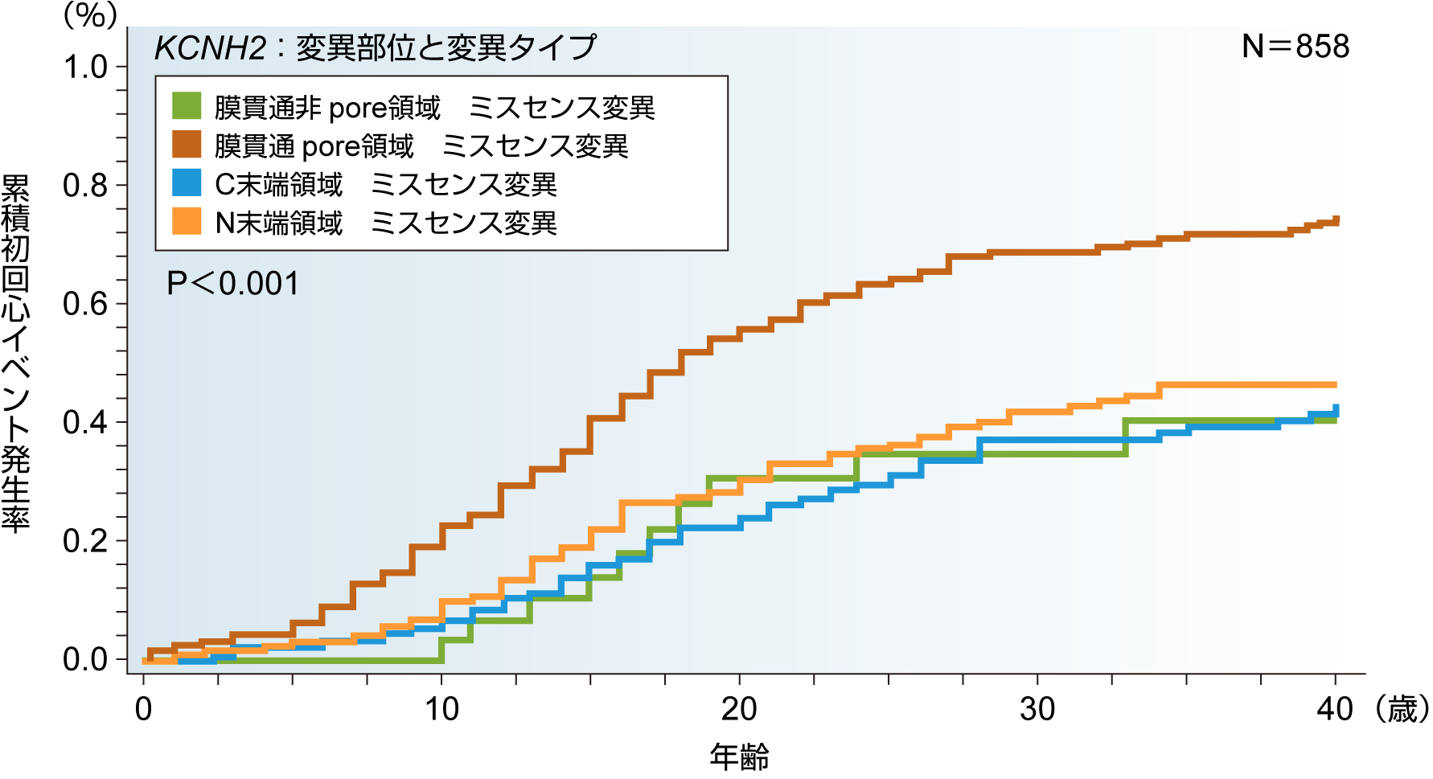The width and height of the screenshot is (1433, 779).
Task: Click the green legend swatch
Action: point(187,105)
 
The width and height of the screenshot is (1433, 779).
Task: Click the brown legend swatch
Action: point(187,144)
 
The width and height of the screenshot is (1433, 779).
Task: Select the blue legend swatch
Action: point(187,182)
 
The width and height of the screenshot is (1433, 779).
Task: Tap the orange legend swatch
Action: point(187,221)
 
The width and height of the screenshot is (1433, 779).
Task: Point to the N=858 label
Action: point(1295,47)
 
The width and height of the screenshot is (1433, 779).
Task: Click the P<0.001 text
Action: point(232,284)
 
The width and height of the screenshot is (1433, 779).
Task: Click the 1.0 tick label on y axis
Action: point(85,68)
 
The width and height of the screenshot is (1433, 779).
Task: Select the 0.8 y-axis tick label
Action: point(85,186)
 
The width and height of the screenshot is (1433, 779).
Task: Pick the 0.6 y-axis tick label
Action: point(85,304)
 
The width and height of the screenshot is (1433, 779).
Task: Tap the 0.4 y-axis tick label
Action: point(85,423)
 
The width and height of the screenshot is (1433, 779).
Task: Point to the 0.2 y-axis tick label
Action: point(85,541)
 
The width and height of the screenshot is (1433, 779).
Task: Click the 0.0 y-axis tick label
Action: point(85,660)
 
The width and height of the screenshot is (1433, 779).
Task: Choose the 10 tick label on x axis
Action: point(441,710)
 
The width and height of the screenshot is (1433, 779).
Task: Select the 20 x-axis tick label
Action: point(739,710)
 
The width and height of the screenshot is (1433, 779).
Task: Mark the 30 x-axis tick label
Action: point(1037,710)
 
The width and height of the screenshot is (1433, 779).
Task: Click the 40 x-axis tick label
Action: point(1335,710)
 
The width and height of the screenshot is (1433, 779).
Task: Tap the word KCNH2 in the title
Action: point(210,48)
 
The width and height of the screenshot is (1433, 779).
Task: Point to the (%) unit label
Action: point(91,14)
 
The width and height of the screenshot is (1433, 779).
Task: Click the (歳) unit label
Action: point(1402,710)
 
